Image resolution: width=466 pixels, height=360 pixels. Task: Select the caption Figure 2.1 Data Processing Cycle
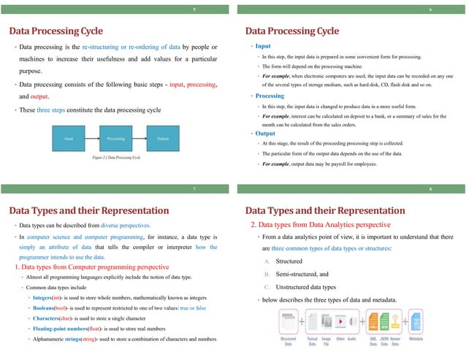tap(115, 158)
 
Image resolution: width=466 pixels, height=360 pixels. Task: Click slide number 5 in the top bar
tap(194, 9)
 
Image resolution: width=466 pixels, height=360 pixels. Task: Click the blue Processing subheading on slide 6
tap(270, 96)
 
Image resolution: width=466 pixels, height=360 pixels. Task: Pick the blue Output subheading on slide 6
tap(266, 134)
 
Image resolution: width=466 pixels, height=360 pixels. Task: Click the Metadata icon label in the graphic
tap(419, 339)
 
